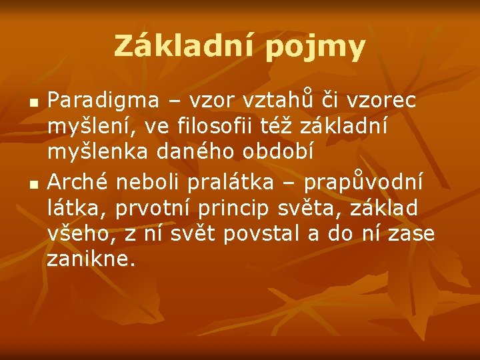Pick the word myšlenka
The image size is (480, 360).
[99, 153]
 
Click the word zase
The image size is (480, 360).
[412, 234]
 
